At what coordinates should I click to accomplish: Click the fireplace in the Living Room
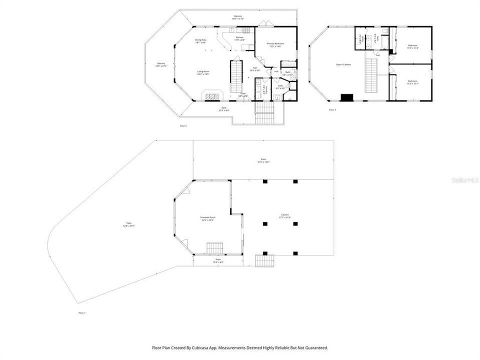[x=210, y=95]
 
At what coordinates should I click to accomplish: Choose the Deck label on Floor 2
[x=223, y=108]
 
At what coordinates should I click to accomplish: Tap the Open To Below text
[x=343, y=64]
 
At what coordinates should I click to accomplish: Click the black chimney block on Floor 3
[x=346, y=97]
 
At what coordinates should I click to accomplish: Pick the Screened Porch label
[x=207, y=218]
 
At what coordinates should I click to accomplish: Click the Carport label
[x=284, y=216]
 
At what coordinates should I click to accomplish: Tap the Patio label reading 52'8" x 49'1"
[x=129, y=224]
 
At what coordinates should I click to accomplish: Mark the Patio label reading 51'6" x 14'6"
[x=263, y=160]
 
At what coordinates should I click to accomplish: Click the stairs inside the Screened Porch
[x=214, y=247]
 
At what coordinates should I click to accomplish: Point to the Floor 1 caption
[x=82, y=312]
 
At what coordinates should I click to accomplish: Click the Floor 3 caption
[x=332, y=109]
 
